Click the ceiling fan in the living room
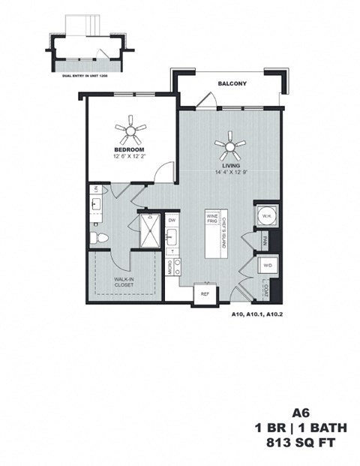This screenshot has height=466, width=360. click(229, 142)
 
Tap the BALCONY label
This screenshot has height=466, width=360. click(232, 83)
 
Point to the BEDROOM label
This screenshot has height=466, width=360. click(128, 149)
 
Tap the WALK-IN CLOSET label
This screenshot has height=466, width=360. click(124, 282)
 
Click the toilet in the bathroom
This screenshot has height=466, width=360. click(97, 238)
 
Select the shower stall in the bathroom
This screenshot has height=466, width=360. click(148, 230)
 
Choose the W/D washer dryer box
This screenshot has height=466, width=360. click(266, 265)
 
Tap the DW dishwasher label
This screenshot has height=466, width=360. click(172, 220)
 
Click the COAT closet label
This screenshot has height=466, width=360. click(265, 287)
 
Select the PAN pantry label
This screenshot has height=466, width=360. click(265, 241)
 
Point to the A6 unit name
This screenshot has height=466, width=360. click(301, 412)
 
